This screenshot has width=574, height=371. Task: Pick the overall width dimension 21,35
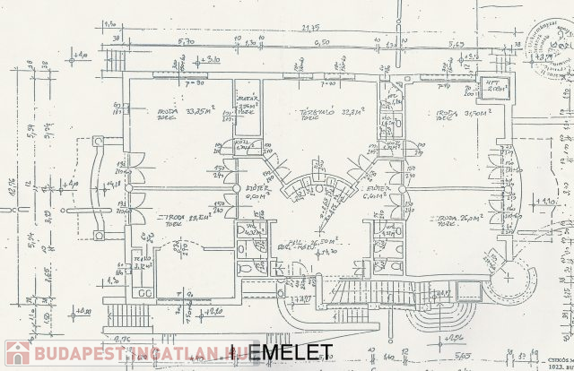310,28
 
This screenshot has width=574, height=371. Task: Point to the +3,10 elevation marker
212,59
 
